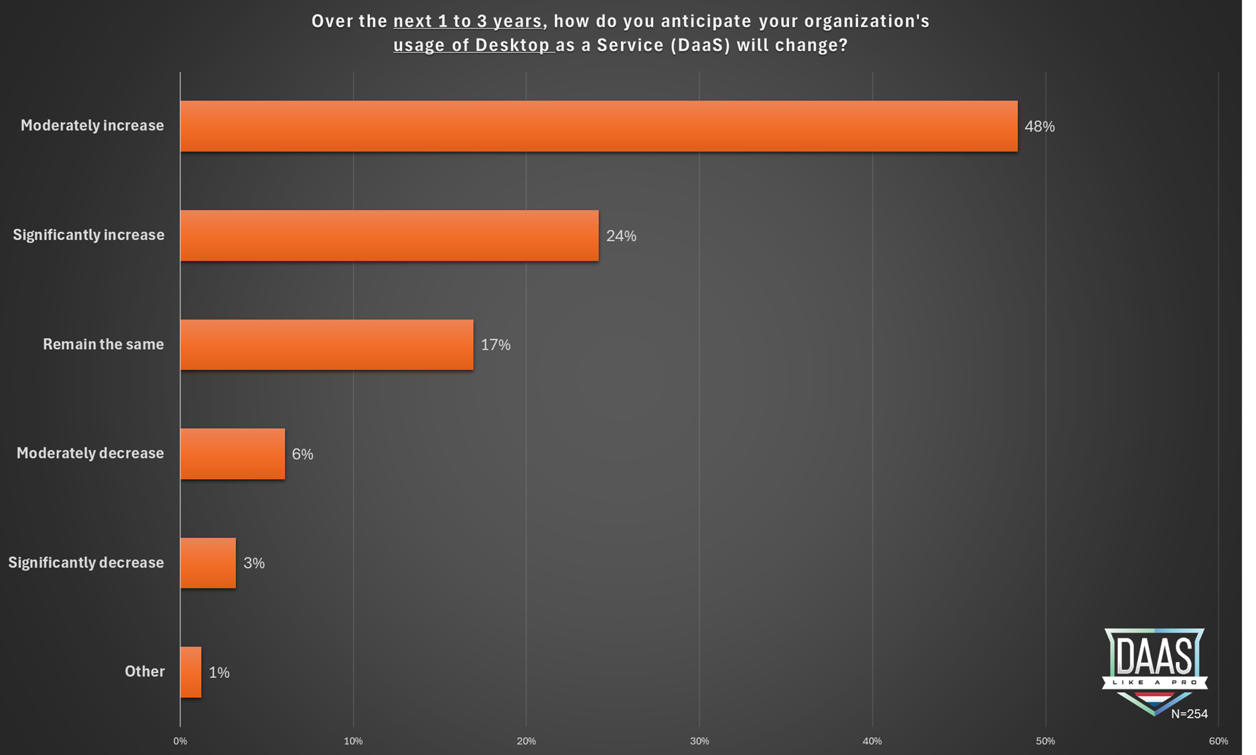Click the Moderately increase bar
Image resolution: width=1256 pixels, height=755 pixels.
[x=598, y=126]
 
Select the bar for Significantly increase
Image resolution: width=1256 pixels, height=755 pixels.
[x=389, y=235]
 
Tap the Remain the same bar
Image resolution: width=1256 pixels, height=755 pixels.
[x=326, y=344]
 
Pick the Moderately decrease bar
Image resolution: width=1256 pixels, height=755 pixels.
[x=232, y=454]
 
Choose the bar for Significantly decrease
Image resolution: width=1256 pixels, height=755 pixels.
[x=208, y=563]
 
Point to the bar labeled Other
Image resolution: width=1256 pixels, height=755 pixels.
[x=190, y=672]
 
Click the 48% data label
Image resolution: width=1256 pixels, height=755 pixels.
[x=1039, y=127]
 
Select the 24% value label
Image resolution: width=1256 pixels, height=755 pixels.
[x=621, y=236]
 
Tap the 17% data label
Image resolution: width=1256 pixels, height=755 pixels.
[x=496, y=345]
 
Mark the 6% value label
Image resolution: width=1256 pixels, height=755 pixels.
[x=302, y=454]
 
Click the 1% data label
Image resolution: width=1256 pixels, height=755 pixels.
[x=219, y=673]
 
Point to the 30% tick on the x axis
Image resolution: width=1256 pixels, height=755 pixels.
[x=699, y=741]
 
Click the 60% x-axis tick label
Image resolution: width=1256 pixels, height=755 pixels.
[x=1218, y=741]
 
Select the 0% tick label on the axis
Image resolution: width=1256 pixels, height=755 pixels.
[x=180, y=741]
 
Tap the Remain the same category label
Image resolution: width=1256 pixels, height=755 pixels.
[x=103, y=344]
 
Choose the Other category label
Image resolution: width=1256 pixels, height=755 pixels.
[x=145, y=671]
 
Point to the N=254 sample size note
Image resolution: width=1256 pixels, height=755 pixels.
[x=1189, y=714]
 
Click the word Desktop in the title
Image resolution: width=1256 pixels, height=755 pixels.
[x=512, y=45]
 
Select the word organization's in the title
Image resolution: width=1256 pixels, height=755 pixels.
[x=867, y=21]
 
